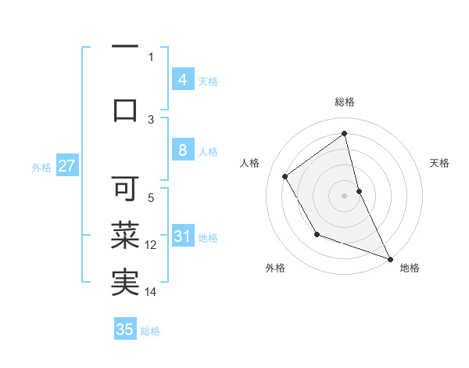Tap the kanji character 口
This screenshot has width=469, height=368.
[125, 109]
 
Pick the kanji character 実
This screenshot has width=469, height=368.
[125, 282]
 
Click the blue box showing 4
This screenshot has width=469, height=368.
[182, 80]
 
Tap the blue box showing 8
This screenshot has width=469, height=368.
[182, 151]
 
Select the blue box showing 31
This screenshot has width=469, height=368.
[182, 236]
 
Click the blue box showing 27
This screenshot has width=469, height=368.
[66, 166]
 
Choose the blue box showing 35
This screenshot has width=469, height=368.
[125, 330]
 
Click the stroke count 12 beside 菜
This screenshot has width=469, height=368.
[151, 245]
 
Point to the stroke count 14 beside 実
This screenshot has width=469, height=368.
[151, 292]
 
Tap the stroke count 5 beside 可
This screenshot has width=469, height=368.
[151, 198]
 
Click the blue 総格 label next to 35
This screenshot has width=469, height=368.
[150, 331]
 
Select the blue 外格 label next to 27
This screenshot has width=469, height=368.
[41, 167]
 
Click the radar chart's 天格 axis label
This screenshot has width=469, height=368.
[439, 163]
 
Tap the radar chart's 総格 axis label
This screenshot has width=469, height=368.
[345, 102]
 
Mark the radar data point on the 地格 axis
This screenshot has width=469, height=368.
[391, 259]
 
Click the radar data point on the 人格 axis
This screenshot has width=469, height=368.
[285, 176]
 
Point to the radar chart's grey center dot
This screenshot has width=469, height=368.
[345, 195]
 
